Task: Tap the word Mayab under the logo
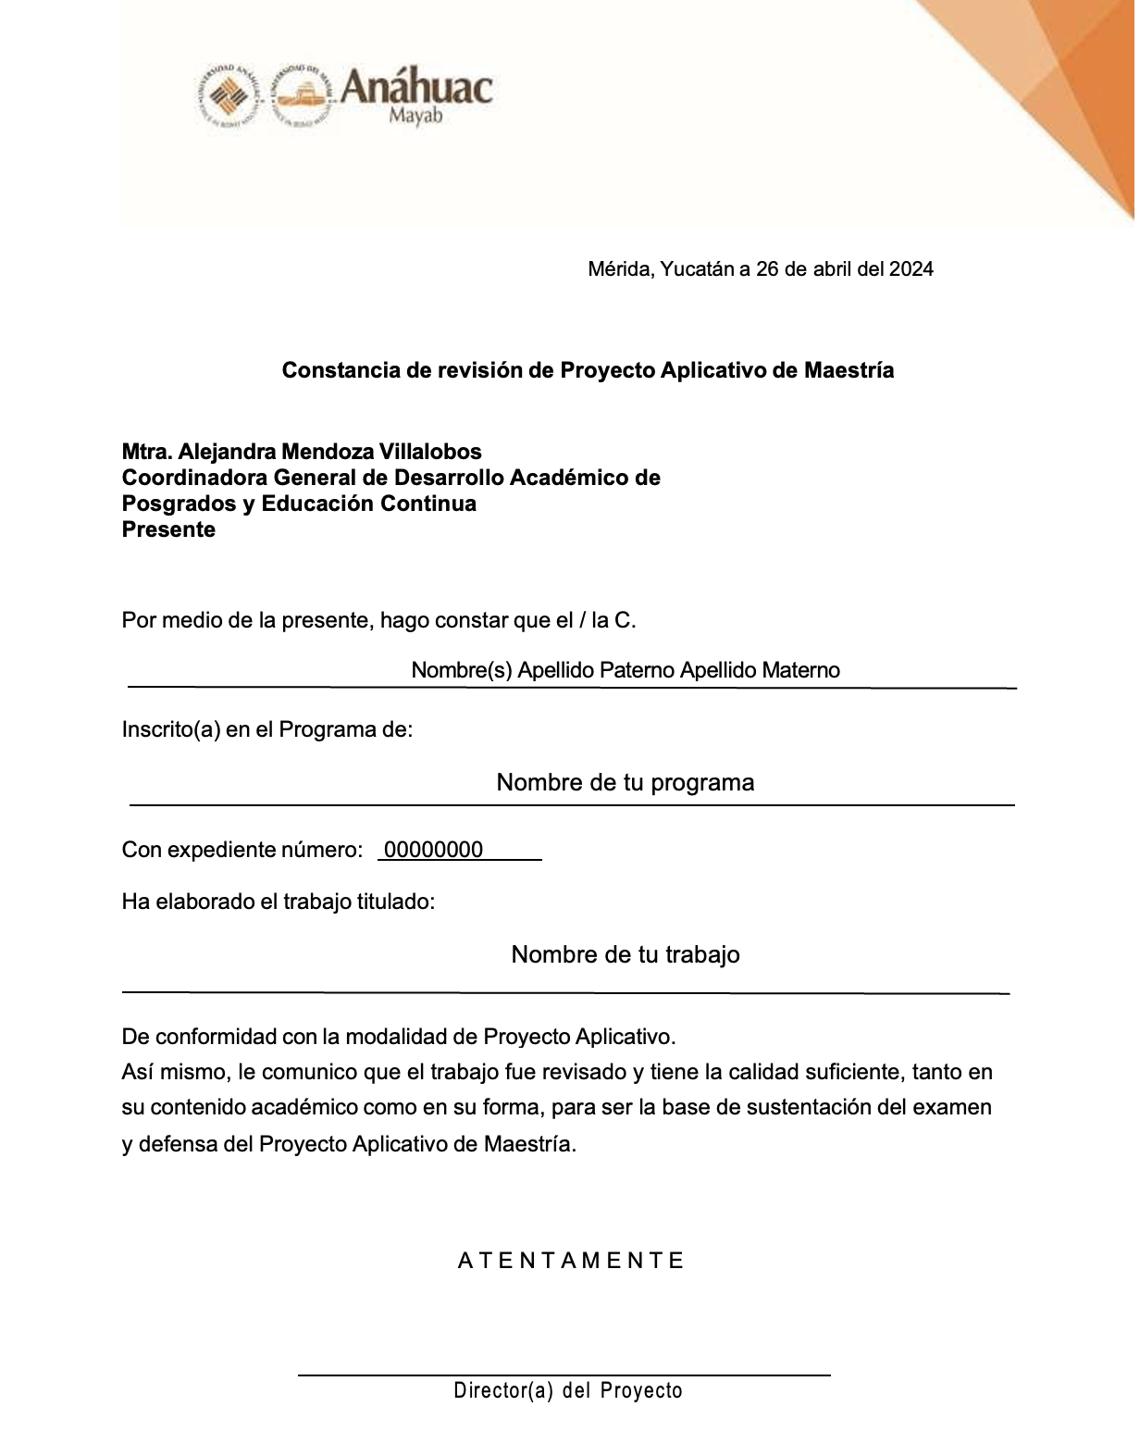click(x=415, y=118)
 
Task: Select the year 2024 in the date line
click(x=911, y=269)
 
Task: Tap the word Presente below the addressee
click(x=168, y=530)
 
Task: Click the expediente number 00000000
click(x=433, y=851)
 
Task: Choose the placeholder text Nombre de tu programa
click(x=626, y=783)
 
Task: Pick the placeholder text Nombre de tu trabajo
click(x=626, y=955)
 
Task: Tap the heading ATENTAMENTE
click(x=571, y=1261)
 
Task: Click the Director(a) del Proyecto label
click(x=568, y=1391)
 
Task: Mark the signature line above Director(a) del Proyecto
click(x=564, y=1375)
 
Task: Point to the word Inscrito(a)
click(x=171, y=729)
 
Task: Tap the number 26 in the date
click(x=767, y=269)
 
